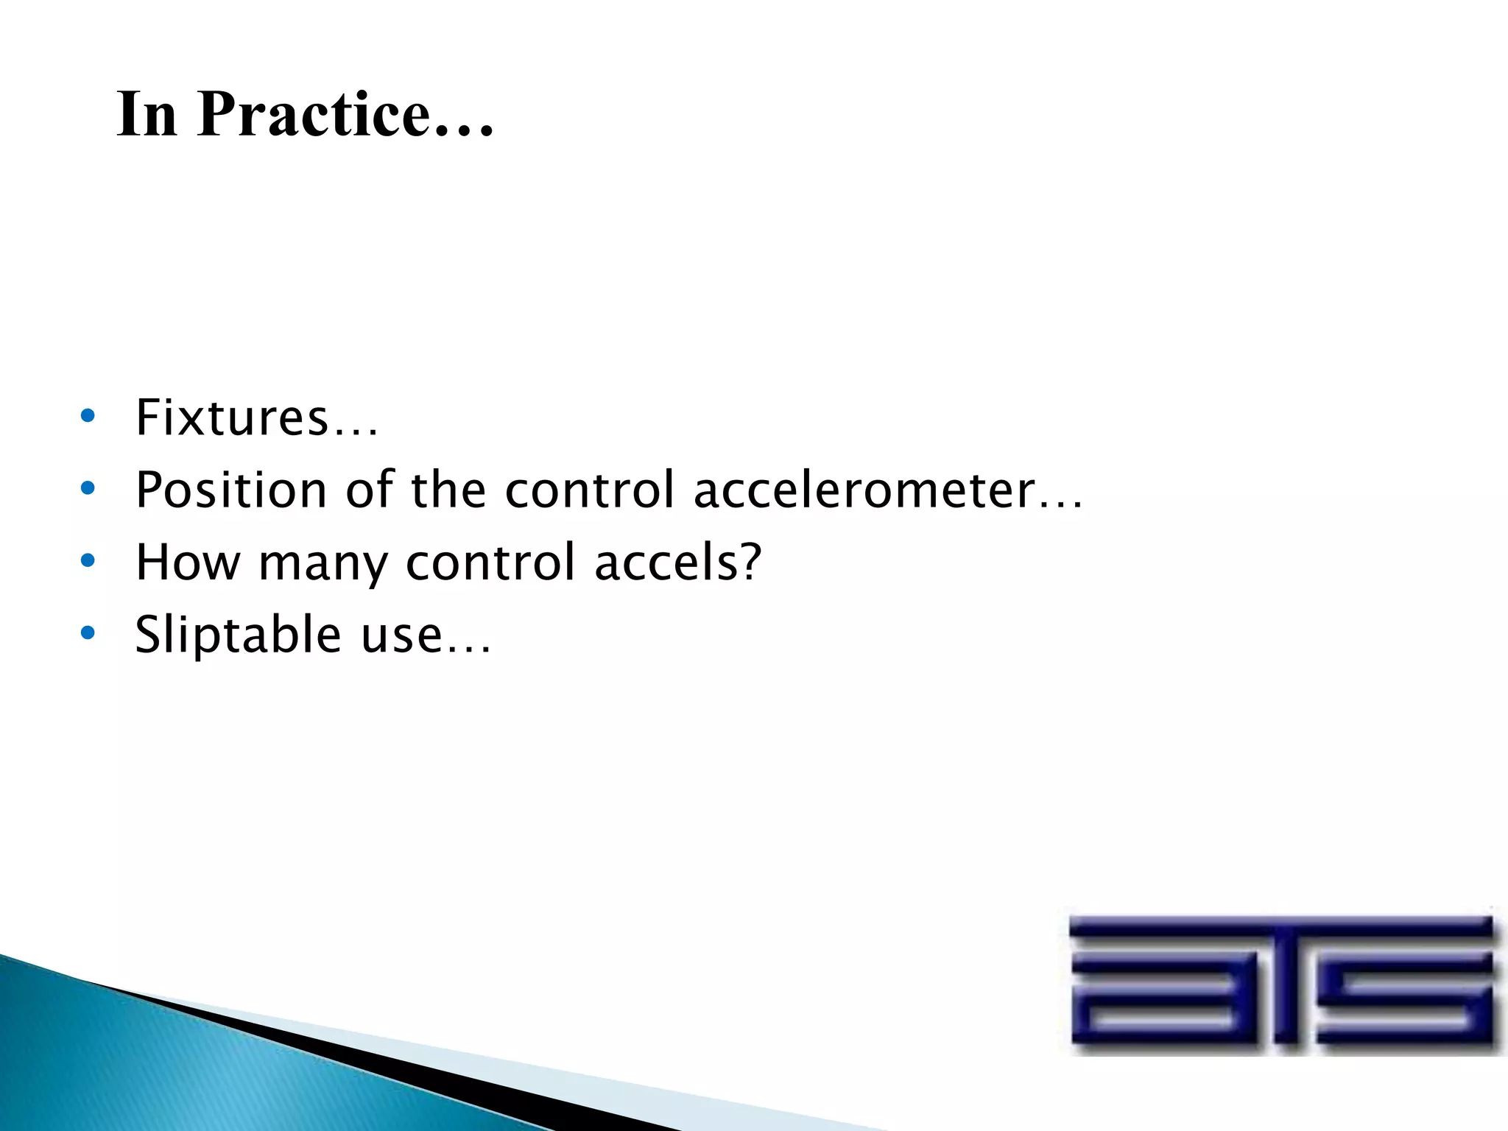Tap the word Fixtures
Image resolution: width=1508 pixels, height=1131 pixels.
pos(231,417)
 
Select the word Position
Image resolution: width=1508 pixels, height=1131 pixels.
pos(231,490)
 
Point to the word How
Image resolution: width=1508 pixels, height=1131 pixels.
pos(188,563)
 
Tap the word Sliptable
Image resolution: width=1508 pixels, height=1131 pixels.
pos(238,635)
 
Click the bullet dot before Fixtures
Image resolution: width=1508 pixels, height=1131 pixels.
pos(88,417)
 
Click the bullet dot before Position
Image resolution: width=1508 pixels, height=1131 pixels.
pos(88,488)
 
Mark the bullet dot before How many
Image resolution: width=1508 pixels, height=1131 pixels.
pos(88,561)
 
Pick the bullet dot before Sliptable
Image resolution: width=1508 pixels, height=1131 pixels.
pos(88,633)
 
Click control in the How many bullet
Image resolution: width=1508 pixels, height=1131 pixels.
pos(490,563)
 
